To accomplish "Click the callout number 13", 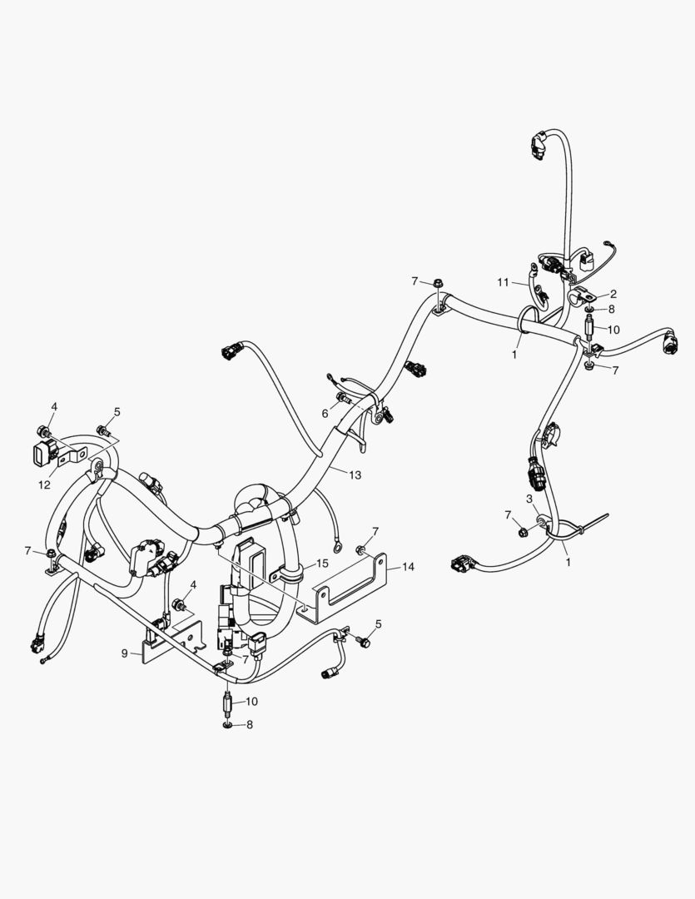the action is (x=355, y=474).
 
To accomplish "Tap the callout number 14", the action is (x=408, y=567).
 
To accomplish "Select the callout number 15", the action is (x=322, y=564).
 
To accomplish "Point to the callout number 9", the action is (x=125, y=653).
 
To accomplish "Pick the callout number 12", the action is (x=44, y=485).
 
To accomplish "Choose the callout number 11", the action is (x=503, y=282).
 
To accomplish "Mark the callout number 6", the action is (x=325, y=414).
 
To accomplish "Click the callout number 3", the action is (x=529, y=499).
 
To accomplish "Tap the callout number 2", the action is (x=613, y=294).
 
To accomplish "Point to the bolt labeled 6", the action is (x=343, y=397).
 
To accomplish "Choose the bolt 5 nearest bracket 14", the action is (x=363, y=642).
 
